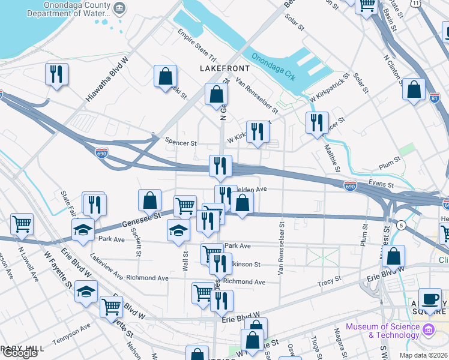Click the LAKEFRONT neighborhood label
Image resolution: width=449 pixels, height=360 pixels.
pos(224,68)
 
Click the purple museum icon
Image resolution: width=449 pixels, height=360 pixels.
pos(428,330)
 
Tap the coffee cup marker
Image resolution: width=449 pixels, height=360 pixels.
pos(430,299)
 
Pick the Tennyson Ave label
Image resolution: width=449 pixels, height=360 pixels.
pos(71,334)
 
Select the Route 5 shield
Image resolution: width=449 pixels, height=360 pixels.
pos(401,224)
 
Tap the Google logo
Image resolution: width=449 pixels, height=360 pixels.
pos(20,353)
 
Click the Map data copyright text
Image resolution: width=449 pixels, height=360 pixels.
pos(424,355)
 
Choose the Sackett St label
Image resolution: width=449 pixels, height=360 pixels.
pos(138,245)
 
